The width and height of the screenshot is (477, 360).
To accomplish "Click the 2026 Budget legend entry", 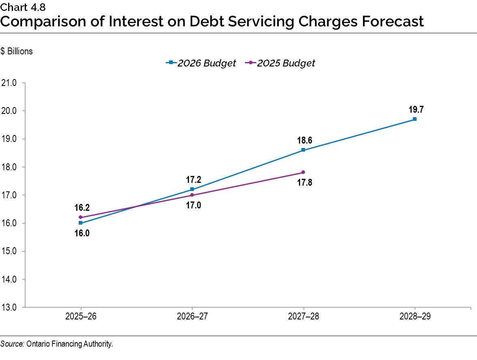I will pyautogui.click(x=201, y=63).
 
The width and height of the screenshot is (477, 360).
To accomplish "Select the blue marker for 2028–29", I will pyautogui.click(x=415, y=119).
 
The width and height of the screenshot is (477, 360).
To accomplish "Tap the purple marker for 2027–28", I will pyautogui.click(x=303, y=172).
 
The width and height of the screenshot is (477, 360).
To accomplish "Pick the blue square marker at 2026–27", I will pyautogui.click(x=192, y=189).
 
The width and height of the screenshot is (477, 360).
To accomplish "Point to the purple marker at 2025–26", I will pyautogui.click(x=80, y=217).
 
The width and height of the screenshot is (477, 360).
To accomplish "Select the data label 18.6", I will pyautogui.click(x=304, y=140).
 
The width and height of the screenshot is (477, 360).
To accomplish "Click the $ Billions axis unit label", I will pyautogui.click(x=17, y=51).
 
